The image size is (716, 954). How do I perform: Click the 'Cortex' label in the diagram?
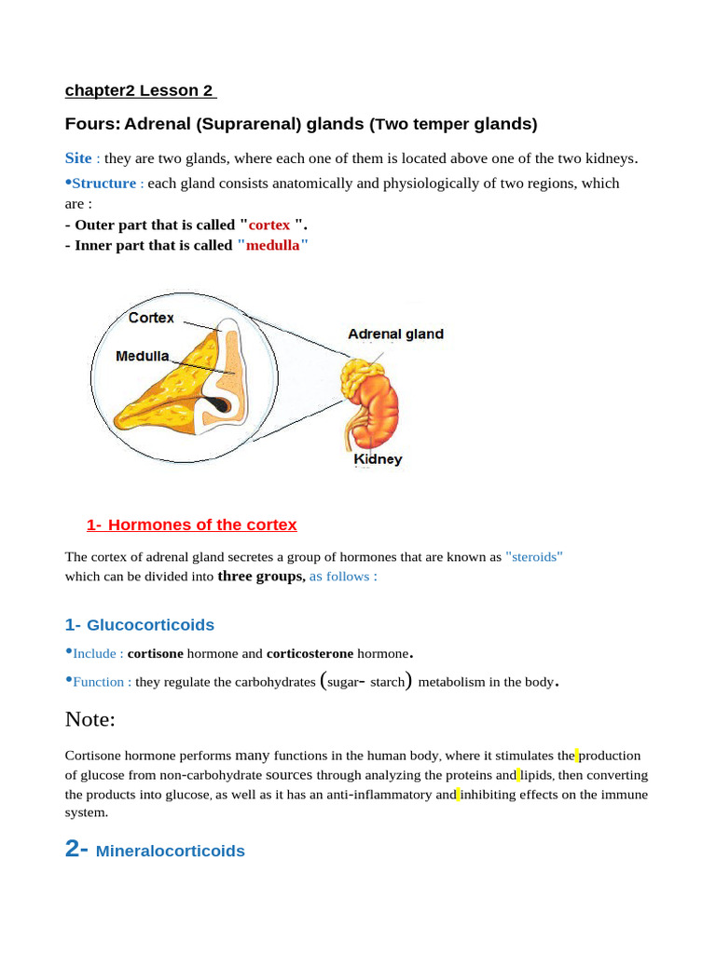point(151,318)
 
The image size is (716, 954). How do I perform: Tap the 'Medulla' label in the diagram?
point(143,356)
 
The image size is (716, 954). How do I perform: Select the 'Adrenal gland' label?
point(395,334)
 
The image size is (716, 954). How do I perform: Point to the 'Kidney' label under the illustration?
point(378,459)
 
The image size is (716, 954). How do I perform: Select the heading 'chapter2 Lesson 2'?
point(140,90)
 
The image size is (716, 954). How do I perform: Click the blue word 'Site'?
point(78,158)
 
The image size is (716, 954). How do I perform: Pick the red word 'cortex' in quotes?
point(269,225)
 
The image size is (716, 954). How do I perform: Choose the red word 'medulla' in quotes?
point(272,245)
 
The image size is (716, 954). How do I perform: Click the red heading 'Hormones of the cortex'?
point(192,525)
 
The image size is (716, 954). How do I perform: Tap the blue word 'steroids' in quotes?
point(534,557)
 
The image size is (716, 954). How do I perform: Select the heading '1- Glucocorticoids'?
point(140,624)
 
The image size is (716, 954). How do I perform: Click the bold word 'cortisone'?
point(155,653)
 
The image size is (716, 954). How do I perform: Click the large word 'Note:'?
point(90,718)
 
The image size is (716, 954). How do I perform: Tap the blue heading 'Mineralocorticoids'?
point(171,851)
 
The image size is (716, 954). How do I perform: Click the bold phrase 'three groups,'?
point(261,576)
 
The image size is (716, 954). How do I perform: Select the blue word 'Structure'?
point(103,184)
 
